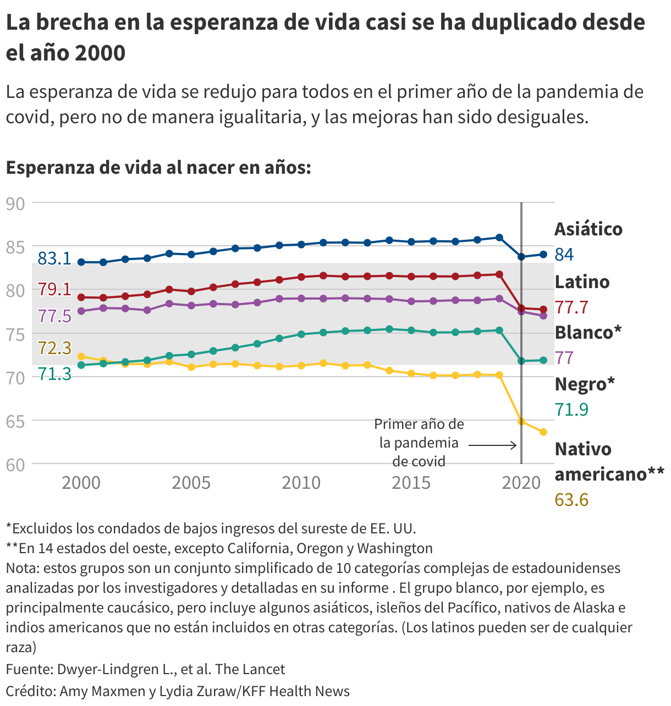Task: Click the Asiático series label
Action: click(x=588, y=229)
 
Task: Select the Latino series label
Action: click(x=582, y=282)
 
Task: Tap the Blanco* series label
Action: click(x=588, y=332)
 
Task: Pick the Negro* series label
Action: click(x=585, y=384)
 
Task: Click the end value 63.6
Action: click(x=571, y=500)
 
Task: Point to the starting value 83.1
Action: click(x=54, y=258)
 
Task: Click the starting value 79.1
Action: click(x=54, y=289)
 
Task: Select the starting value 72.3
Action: click(x=54, y=348)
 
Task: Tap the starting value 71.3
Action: click(x=54, y=374)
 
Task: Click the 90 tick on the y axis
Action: click(x=15, y=203)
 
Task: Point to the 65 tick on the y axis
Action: click(x=15, y=421)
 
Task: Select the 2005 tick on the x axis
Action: click(x=191, y=483)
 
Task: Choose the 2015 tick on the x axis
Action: click(x=411, y=483)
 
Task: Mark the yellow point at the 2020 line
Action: click(x=521, y=421)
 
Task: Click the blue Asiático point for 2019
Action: click(x=499, y=238)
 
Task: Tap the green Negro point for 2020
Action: click(x=521, y=361)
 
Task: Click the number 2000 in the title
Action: click(x=100, y=53)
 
